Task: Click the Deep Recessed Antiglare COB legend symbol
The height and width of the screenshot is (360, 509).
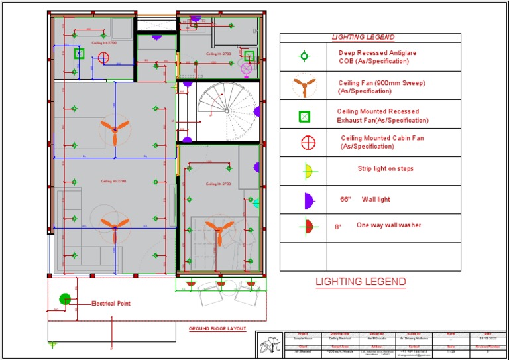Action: tap(305, 57)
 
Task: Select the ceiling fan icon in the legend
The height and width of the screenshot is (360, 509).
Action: tap(304, 86)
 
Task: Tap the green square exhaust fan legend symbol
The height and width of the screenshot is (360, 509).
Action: tap(304, 117)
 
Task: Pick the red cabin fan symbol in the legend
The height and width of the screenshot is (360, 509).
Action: tap(308, 142)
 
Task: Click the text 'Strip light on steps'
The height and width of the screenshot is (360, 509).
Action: tap(385, 169)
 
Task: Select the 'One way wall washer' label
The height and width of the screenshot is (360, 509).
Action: tap(388, 225)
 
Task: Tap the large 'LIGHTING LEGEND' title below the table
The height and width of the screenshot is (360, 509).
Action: tap(361, 282)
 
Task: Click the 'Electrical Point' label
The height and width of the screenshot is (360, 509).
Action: tap(111, 304)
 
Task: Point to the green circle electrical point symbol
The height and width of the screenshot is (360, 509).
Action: tap(65, 300)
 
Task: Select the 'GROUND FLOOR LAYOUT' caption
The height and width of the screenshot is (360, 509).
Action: tap(217, 329)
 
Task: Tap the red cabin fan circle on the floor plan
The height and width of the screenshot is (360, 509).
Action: tap(103, 58)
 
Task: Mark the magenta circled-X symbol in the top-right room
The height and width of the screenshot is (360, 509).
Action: tap(246, 68)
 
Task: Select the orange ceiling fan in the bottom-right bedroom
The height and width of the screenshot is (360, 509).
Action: tap(218, 229)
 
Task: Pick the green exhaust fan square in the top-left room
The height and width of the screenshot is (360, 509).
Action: tap(80, 54)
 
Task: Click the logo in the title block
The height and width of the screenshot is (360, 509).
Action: tap(270, 345)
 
